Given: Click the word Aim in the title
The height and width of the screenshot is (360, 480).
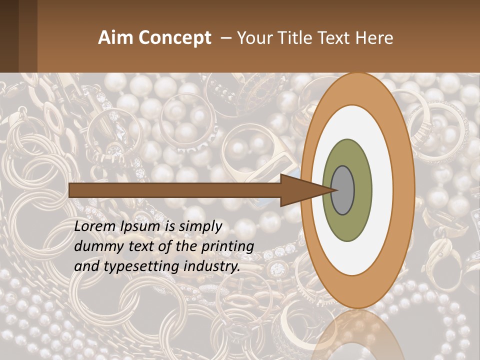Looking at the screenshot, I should click(116, 38).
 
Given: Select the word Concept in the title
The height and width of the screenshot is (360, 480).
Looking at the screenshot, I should click(175, 38).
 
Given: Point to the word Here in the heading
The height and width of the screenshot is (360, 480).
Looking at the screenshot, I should click(374, 38).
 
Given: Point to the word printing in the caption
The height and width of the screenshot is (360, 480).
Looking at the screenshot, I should click(228, 246).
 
